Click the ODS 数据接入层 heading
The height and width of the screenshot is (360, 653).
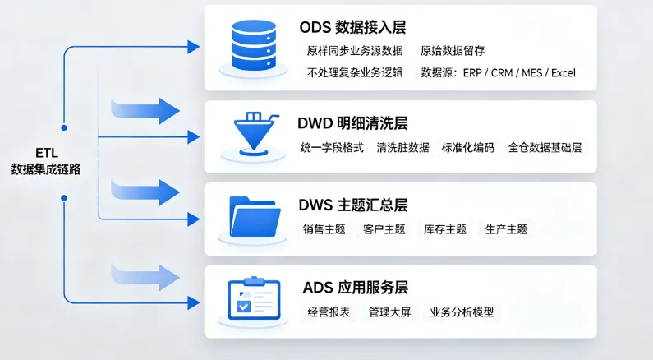coord(352,27)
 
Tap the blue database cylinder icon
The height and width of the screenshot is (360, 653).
coord(254,47)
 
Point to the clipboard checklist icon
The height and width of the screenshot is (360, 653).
coord(254,299)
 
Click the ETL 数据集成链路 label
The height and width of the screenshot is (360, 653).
coord(46,161)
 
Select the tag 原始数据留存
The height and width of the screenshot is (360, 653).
coord(453,51)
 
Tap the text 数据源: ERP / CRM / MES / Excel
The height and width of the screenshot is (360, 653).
coord(498,73)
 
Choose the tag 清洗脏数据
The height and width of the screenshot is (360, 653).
coord(402,147)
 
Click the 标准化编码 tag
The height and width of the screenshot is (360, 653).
coord(467,147)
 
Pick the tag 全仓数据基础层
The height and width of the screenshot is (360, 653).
coord(545,147)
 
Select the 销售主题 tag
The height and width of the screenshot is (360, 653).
coord(324,229)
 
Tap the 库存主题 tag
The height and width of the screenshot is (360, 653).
coord(444,229)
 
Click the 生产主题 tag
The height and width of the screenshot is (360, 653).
coord(506,229)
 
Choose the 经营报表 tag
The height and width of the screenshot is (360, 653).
coord(329,312)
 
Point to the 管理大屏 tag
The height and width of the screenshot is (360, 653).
coord(389,312)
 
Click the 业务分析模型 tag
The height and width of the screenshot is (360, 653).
coord(462,312)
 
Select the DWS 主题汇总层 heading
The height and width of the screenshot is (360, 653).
coord(352,205)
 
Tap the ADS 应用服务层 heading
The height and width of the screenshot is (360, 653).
coord(355,288)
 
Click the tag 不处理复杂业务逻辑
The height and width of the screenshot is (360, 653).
coord(355,73)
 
